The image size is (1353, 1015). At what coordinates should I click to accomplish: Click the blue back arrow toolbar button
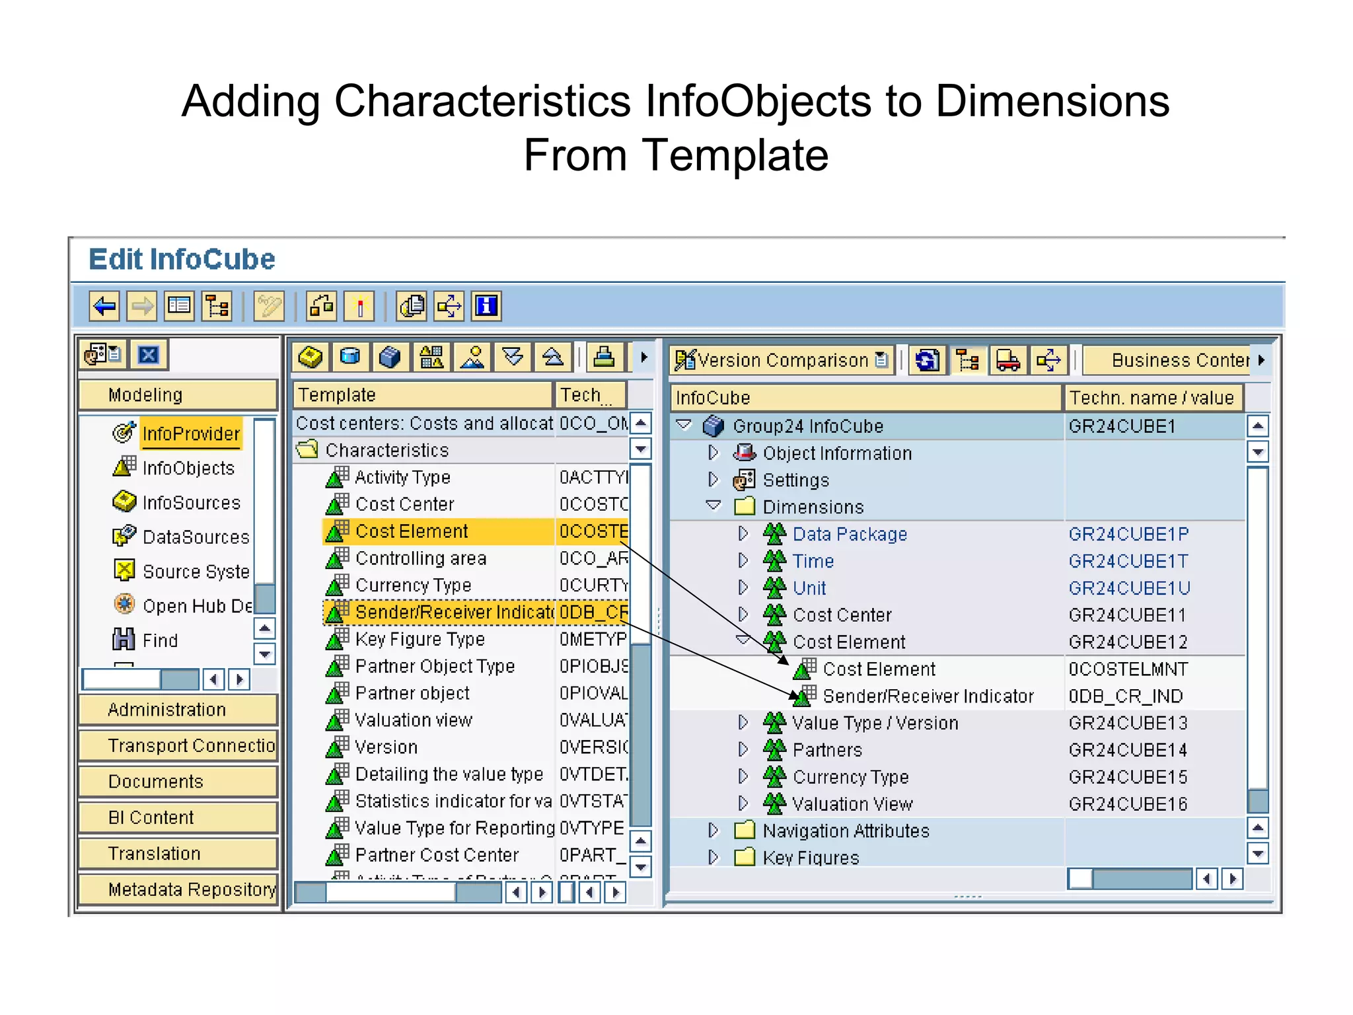(x=104, y=307)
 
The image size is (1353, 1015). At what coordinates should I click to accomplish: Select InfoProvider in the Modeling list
(x=191, y=433)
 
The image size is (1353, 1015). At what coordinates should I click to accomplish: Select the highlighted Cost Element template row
(x=411, y=531)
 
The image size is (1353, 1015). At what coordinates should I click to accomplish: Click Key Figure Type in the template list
(x=420, y=639)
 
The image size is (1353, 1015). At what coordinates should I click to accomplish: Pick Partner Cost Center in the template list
(x=437, y=855)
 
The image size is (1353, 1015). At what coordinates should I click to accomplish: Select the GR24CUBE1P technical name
(x=1128, y=534)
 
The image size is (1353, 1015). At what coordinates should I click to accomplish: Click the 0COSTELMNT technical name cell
(x=1128, y=669)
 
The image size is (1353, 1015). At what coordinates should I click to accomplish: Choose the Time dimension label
(x=813, y=561)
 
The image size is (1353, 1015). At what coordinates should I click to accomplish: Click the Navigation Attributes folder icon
(x=745, y=830)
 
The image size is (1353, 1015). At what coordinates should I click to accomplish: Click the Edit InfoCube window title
(x=182, y=259)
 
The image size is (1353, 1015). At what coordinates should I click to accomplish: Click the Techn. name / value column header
(x=1152, y=398)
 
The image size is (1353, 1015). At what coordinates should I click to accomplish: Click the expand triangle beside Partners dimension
(x=743, y=749)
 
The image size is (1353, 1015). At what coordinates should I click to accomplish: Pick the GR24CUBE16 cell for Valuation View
(x=1128, y=804)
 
